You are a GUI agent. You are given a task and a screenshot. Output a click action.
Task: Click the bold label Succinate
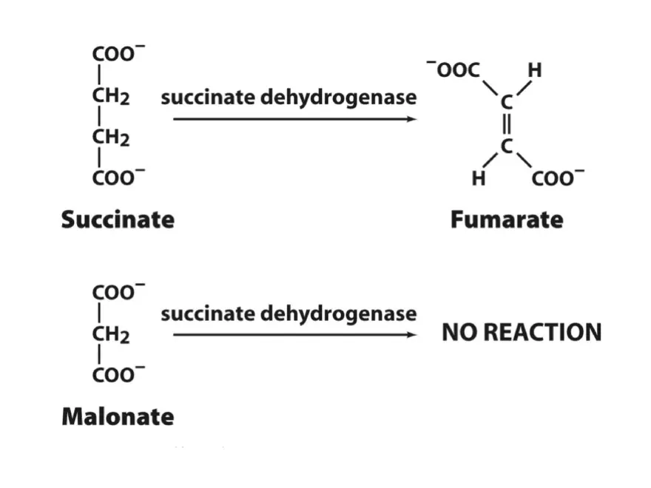point(118,220)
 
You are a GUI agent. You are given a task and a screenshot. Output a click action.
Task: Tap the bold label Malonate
point(118,416)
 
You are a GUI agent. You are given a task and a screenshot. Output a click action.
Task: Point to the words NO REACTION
point(522,333)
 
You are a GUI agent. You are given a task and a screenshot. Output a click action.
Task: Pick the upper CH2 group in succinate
point(111,97)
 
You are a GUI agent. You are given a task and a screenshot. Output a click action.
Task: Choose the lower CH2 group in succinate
point(111,138)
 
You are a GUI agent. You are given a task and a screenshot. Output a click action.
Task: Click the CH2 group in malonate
point(111,335)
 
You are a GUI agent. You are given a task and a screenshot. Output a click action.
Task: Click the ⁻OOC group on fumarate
point(453,71)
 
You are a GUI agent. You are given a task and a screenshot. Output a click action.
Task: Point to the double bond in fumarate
point(506,124)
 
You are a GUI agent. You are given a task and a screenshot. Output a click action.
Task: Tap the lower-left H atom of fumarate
point(479,178)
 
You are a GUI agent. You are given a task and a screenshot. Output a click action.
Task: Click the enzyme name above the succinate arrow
point(289,97)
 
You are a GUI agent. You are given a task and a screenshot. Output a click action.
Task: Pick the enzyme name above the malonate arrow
point(289,314)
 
